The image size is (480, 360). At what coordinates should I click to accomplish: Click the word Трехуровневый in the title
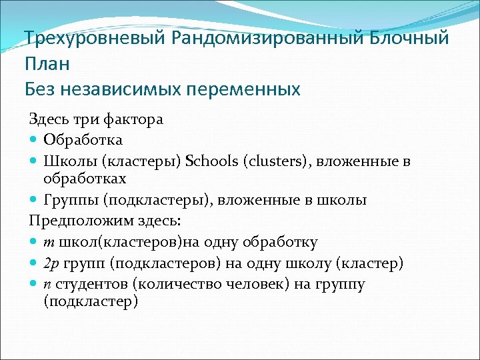click(94, 38)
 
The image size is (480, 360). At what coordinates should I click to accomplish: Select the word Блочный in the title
click(405, 38)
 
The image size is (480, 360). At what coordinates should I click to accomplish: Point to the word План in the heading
click(47, 63)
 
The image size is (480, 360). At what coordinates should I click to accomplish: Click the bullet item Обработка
click(83, 140)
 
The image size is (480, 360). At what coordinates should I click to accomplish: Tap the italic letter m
click(49, 243)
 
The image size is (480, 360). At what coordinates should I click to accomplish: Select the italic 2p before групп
click(51, 263)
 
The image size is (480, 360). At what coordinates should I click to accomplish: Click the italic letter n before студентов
click(47, 284)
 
